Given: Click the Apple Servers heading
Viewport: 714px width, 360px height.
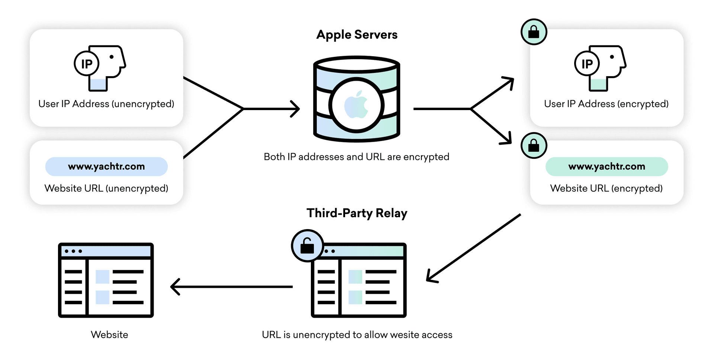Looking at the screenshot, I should point(357,35).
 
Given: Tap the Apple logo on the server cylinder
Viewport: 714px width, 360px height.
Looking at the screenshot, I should point(356,105).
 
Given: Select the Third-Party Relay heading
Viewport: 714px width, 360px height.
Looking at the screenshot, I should point(357,213).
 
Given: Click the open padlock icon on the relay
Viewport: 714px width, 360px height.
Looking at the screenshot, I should point(307,246).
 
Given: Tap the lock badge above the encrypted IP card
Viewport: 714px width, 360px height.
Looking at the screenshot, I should point(534,32).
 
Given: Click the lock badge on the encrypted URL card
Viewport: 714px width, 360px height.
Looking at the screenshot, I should point(534,145).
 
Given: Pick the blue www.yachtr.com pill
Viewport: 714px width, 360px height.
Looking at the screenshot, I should point(106,167).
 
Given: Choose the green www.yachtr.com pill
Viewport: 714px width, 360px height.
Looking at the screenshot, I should point(607,167).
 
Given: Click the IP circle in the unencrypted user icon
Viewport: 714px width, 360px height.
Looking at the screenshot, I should point(87,64).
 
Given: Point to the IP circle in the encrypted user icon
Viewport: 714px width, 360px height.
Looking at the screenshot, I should point(587,64).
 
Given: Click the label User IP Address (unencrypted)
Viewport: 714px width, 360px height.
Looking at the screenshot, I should point(106,104).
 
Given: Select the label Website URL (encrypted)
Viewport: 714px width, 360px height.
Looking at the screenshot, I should point(606,188).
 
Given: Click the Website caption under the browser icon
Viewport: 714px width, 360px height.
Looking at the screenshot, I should point(109,335).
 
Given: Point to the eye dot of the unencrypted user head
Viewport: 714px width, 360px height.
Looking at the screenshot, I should point(112,57).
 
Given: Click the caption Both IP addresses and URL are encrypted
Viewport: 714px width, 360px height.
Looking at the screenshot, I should point(356,157).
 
